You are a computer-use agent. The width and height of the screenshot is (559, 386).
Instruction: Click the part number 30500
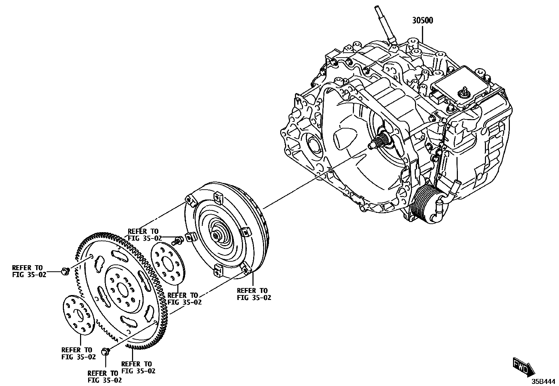(422, 20)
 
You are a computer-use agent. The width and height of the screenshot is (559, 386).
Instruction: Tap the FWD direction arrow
(524, 367)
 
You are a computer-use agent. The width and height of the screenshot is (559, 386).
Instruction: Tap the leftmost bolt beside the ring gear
(65, 271)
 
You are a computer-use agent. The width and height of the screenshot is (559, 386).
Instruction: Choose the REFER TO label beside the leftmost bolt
(29, 271)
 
